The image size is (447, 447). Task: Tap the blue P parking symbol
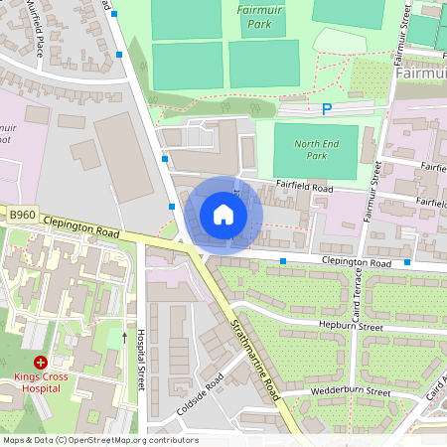(x=326, y=109)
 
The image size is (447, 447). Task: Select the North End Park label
(x=316, y=150)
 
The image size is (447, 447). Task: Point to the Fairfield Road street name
(x=304, y=187)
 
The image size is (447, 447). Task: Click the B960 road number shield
(x=22, y=214)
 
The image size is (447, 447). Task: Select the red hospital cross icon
(x=41, y=364)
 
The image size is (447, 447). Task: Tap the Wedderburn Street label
(x=351, y=391)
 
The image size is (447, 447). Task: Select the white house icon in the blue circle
(x=223, y=215)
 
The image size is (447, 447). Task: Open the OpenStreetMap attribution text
(x=100, y=440)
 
